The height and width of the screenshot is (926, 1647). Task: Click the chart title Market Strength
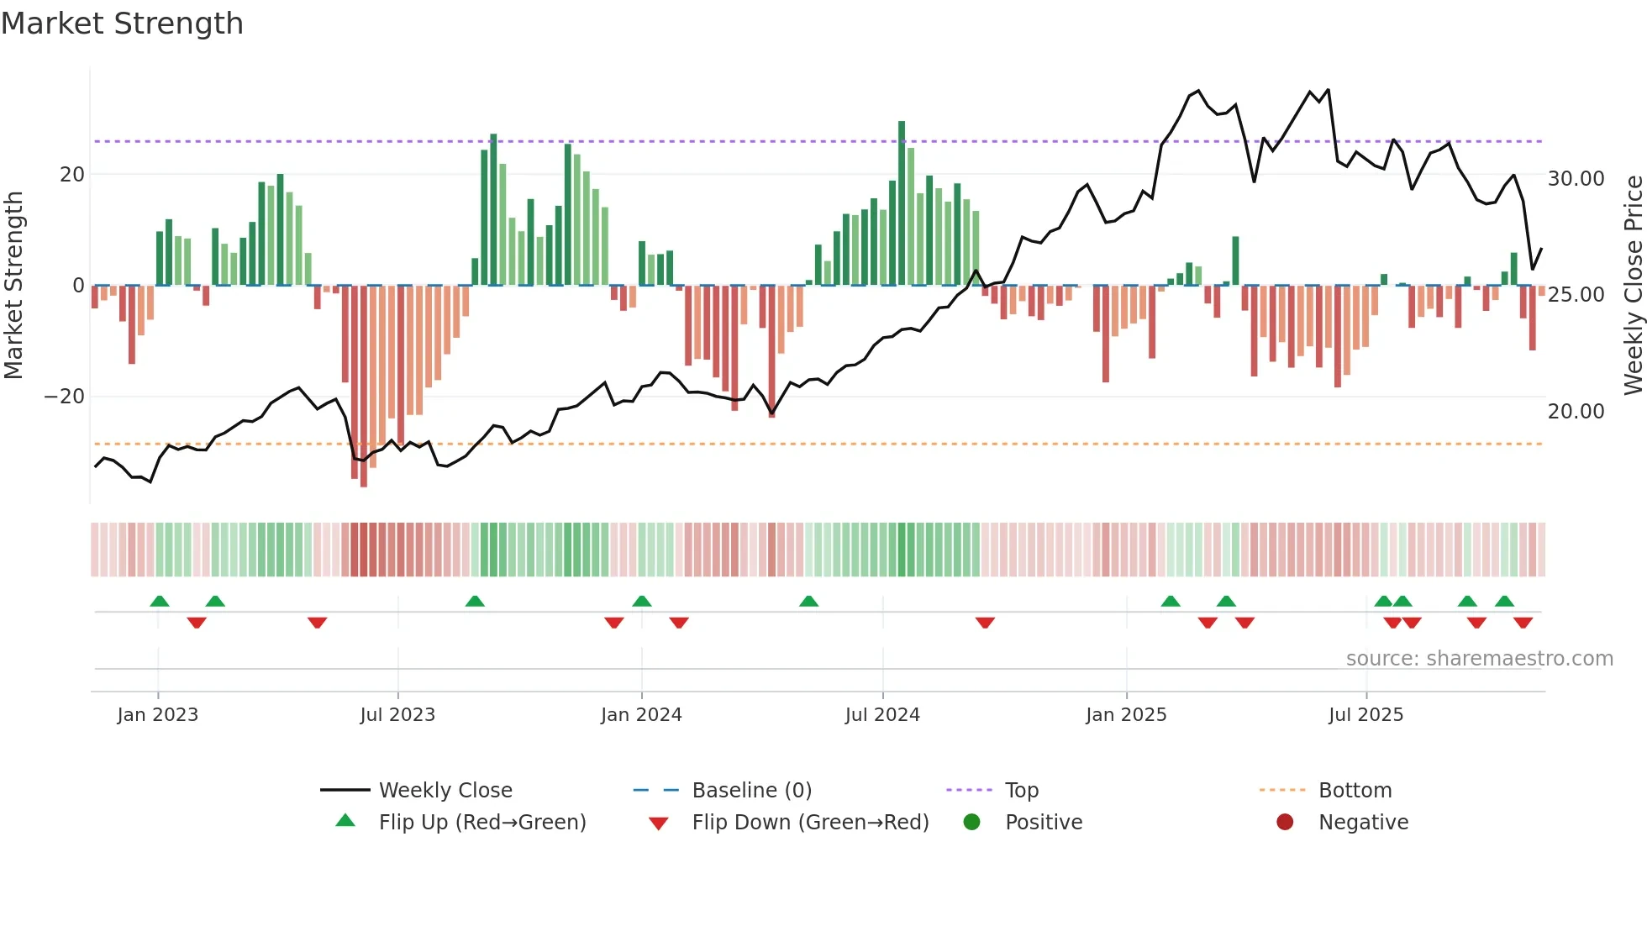coord(122,24)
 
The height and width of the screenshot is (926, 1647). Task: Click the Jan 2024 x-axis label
coord(641,715)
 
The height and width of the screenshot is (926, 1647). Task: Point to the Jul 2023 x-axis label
coord(397,715)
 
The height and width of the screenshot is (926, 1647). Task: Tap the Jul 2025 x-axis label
coord(1365,715)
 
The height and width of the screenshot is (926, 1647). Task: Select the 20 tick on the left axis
coord(72,175)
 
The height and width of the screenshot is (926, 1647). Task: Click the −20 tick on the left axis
coord(65,397)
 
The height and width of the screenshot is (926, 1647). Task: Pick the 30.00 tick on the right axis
coord(1576,179)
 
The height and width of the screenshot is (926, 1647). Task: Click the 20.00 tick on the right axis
coord(1576,412)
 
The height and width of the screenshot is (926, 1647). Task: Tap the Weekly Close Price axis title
coord(1633,286)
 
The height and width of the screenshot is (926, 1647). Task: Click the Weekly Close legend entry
coord(445,791)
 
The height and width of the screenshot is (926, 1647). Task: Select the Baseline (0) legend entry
coord(751,791)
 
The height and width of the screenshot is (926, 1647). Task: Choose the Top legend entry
coord(1021,791)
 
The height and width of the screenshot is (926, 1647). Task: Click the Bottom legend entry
coord(1355,791)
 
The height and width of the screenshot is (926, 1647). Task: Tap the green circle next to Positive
coord(972,823)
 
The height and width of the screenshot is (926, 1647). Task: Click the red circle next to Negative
coord(1285,823)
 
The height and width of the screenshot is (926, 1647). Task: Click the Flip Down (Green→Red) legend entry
coord(809,823)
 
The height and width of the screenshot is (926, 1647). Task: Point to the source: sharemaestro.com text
coord(1479,659)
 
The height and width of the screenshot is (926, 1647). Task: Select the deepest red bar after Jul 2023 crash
coord(364,387)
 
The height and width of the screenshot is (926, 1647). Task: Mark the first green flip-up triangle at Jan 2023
coord(160,601)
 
